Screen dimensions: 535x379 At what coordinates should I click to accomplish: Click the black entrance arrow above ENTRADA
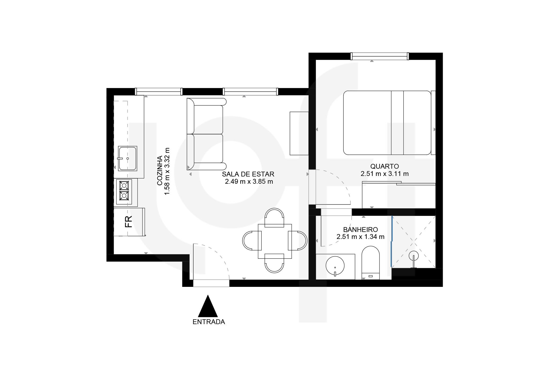208,306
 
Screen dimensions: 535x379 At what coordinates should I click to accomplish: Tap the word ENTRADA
209,322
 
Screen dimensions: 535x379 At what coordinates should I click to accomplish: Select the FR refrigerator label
129,222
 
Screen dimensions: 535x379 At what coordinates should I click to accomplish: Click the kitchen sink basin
128,159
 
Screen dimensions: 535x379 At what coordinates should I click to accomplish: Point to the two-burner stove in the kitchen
124,191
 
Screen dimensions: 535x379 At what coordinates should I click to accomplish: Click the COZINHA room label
160,171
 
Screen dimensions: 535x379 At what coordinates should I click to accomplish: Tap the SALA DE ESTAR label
248,174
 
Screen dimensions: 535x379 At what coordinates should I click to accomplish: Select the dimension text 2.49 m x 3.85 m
249,182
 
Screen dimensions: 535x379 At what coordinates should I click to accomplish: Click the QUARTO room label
385,166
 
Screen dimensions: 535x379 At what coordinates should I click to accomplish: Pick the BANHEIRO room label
361,230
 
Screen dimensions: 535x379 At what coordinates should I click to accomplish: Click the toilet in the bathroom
370,263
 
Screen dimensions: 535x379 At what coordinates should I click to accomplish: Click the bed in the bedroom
389,123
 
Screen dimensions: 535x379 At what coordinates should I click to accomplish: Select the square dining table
275,241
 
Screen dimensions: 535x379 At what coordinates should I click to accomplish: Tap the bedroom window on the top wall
380,56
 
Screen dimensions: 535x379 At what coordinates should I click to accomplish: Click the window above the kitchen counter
159,92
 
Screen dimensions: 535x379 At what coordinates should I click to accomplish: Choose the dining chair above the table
274,217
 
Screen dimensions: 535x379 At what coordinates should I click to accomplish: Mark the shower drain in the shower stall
414,256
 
